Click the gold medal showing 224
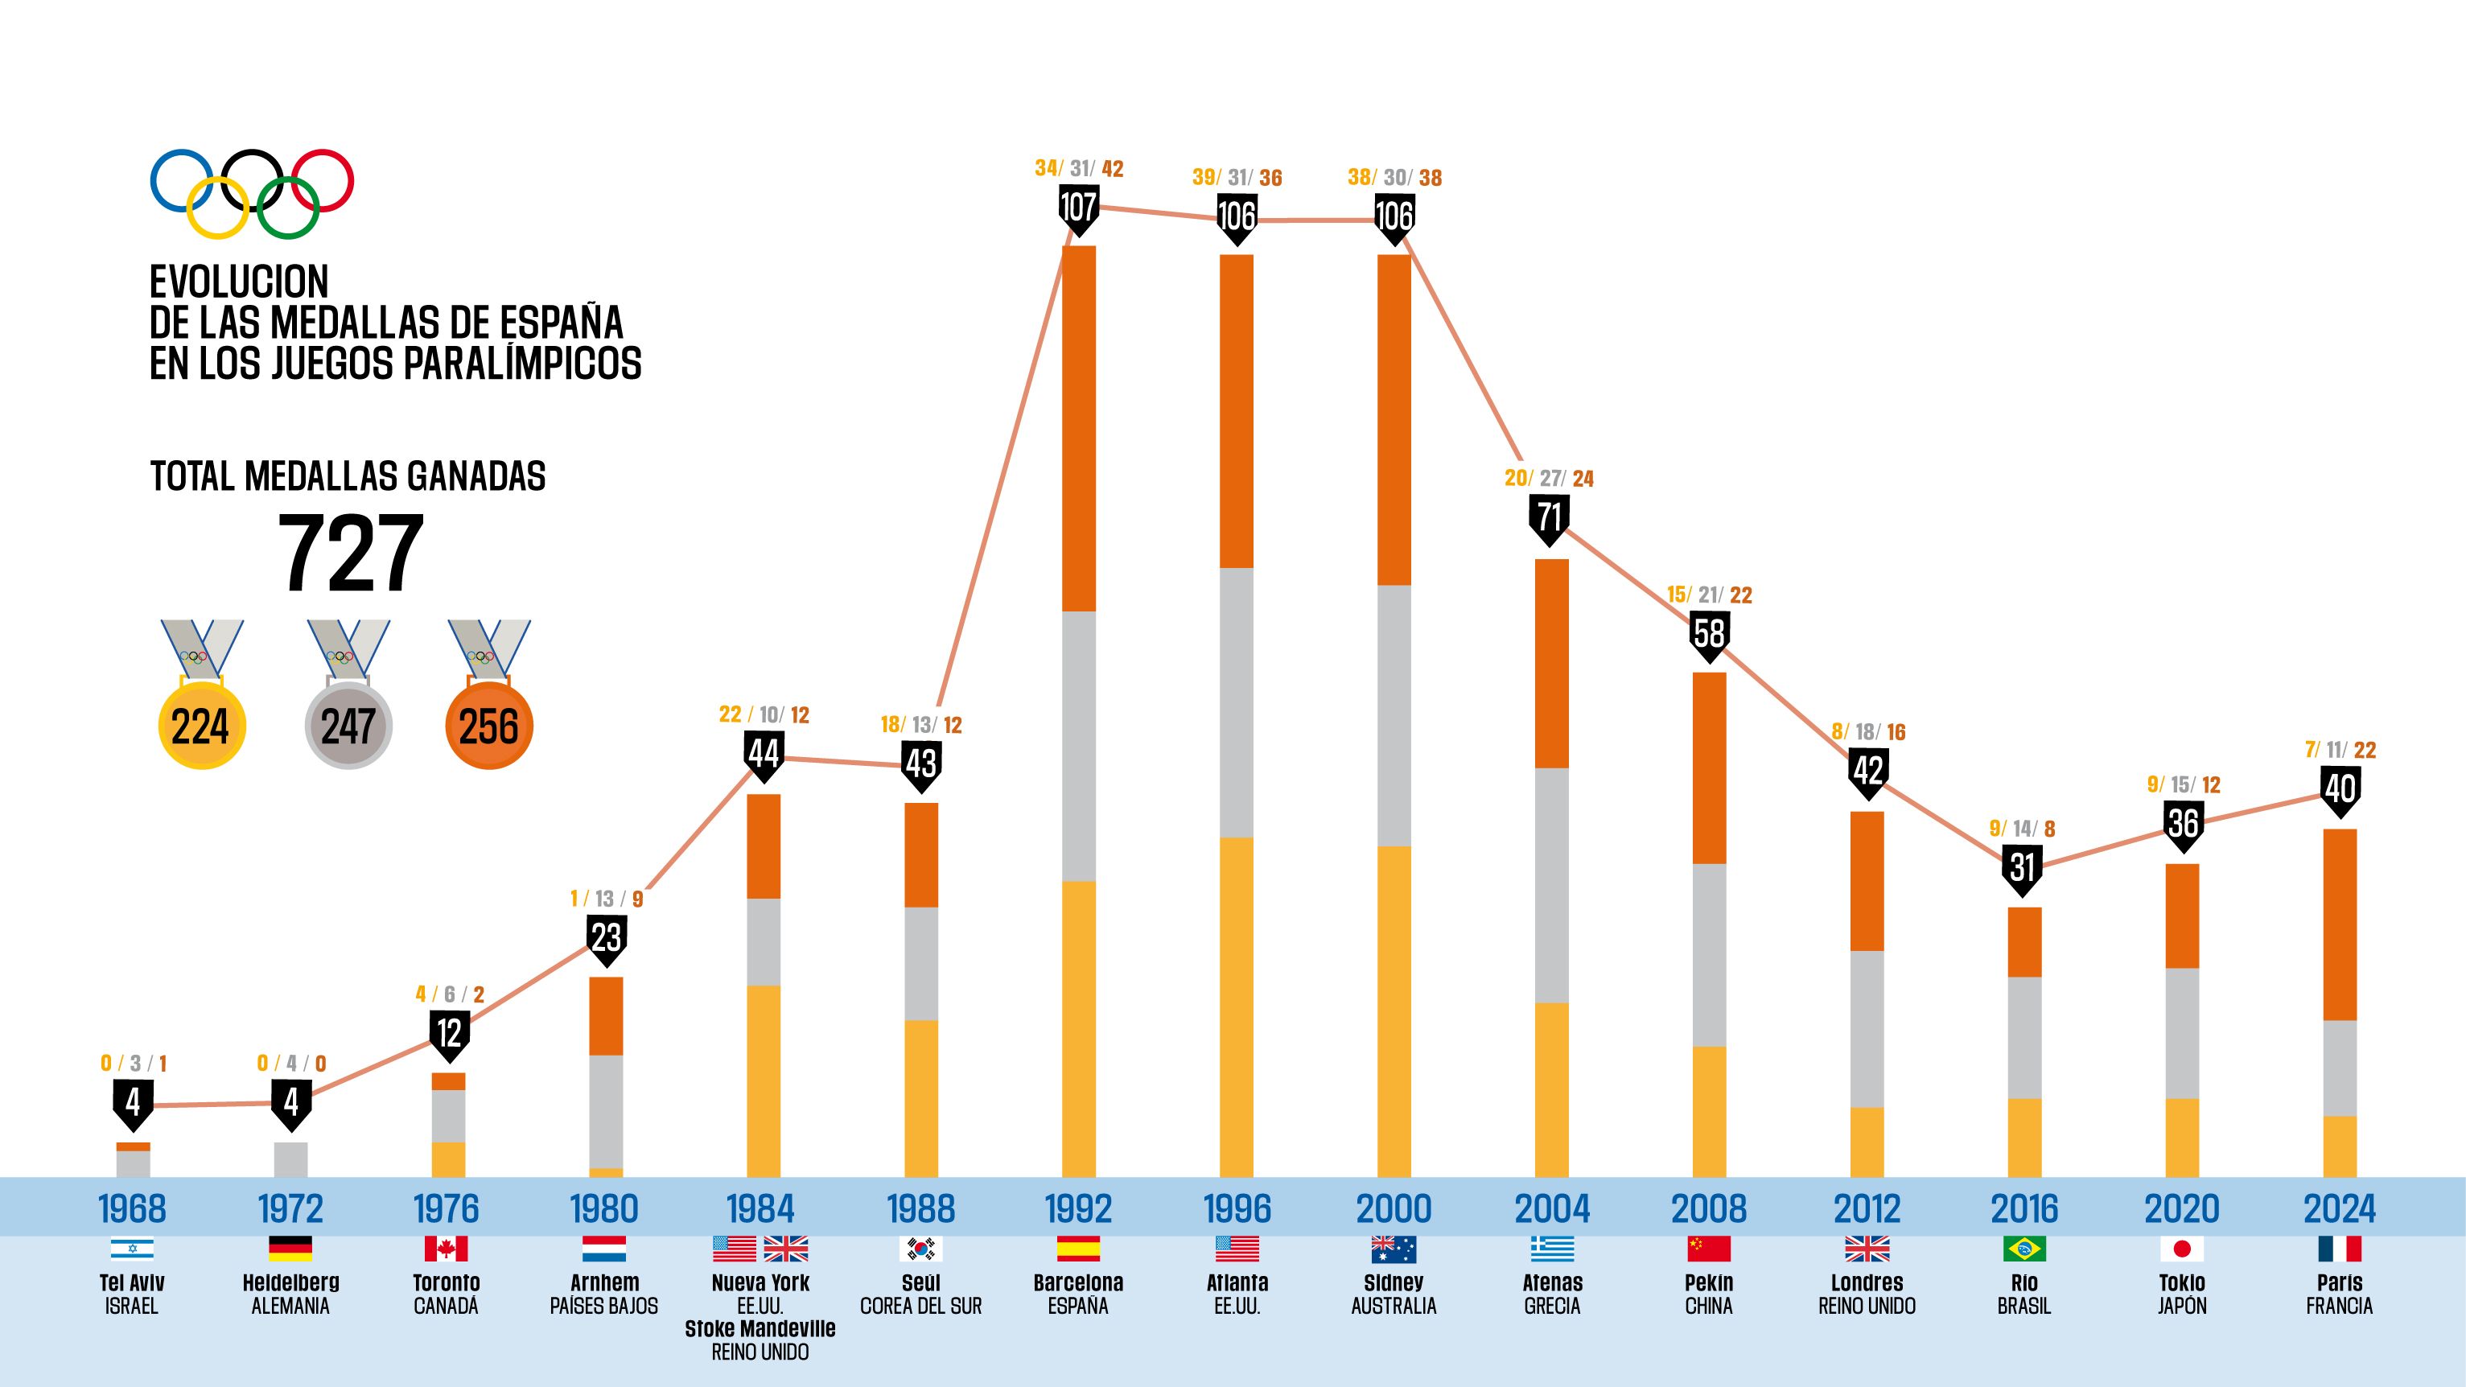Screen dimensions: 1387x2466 [x=201, y=725]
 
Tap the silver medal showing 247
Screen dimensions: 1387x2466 [x=348, y=725]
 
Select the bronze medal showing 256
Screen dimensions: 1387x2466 [x=488, y=725]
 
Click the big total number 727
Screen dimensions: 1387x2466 [x=349, y=554]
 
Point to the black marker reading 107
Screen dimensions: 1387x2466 [x=1078, y=208]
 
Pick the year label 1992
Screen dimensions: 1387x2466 [x=1078, y=1208]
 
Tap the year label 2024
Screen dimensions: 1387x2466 [x=2339, y=1208]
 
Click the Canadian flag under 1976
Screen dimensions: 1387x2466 [x=446, y=1249]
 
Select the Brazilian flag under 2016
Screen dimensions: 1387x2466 [x=2023, y=1249]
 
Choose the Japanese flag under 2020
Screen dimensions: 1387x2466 [x=2182, y=1249]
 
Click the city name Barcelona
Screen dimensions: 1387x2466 [x=1078, y=1282]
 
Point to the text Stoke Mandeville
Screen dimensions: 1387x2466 [x=760, y=1328]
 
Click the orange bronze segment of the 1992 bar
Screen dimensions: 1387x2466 [x=1079, y=429]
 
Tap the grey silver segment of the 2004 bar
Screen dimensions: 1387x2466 [x=1552, y=886]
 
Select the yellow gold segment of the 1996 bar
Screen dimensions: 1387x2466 [x=1236, y=1007]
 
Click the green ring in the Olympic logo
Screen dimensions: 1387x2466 [x=287, y=208]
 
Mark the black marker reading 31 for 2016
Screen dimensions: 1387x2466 [x=2022, y=868]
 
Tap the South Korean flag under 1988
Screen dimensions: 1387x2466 [x=921, y=1249]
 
